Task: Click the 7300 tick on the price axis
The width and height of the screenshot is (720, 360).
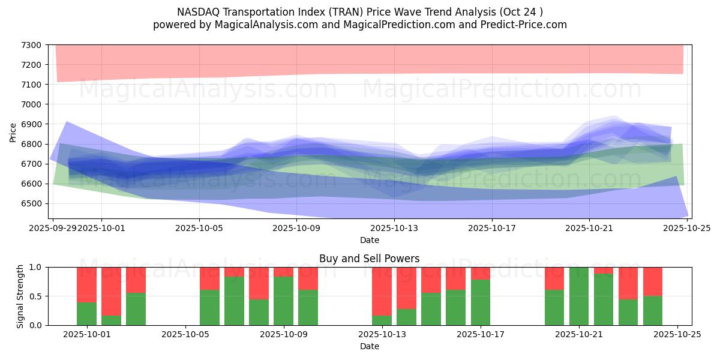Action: coord(31,45)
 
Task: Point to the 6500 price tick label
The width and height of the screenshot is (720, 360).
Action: coord(31,203)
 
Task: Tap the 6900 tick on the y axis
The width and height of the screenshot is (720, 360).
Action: coord(31,124)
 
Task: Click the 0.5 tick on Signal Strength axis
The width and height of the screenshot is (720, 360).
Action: coord(35,296)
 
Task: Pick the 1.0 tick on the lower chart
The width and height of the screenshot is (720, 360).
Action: coord(35,267)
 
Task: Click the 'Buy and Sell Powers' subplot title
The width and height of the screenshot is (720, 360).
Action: coord(369,259)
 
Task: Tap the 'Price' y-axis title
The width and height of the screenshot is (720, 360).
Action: coord(13,132)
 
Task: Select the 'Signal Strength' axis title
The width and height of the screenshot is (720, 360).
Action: coord(20,296)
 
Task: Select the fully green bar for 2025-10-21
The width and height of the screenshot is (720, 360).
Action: coord(579,296)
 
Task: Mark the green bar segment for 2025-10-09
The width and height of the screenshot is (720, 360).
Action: coord(283,301)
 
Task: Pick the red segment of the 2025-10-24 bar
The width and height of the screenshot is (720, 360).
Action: coord(653,281)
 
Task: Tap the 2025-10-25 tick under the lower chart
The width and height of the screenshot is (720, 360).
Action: coord(677,335)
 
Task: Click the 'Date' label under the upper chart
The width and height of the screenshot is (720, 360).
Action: coord(369,240)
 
